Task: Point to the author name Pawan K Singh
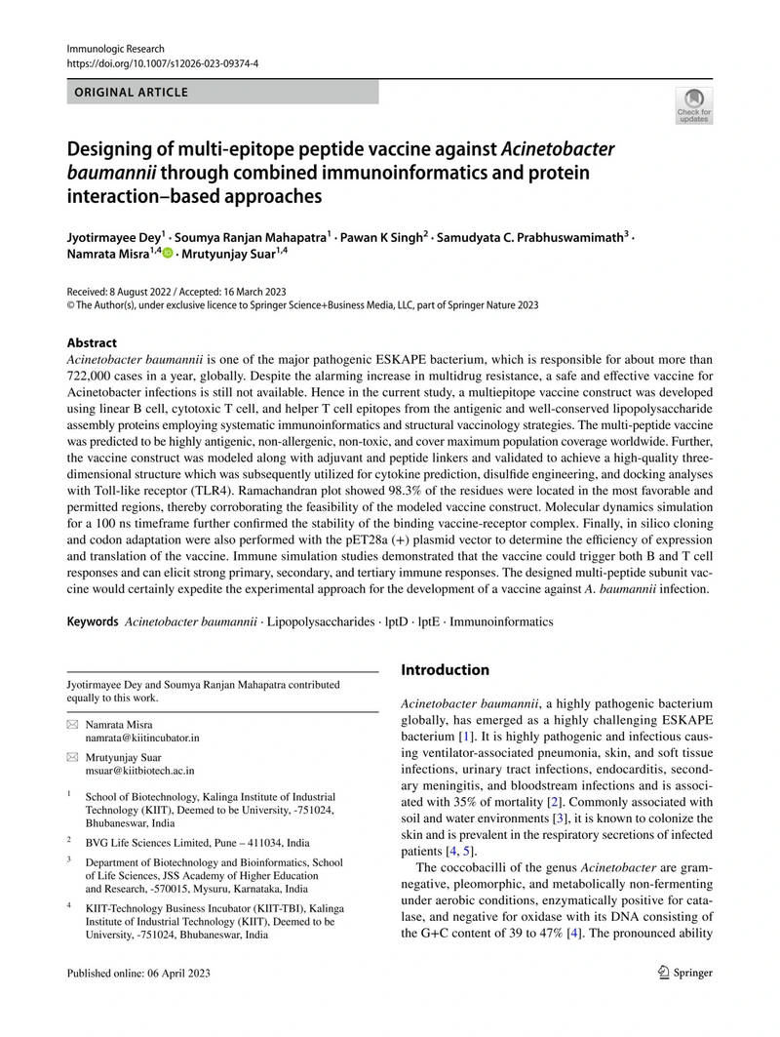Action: (x=381, y=235)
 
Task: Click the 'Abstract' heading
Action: (x=92, y=343)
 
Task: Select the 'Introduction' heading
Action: (x=446, y=669)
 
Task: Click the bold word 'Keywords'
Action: (x=93, y=621)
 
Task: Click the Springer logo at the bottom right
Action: (x=686, y=972)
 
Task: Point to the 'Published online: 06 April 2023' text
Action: (x=137, y=973)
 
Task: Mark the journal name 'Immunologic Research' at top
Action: (x=115, y=49)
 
